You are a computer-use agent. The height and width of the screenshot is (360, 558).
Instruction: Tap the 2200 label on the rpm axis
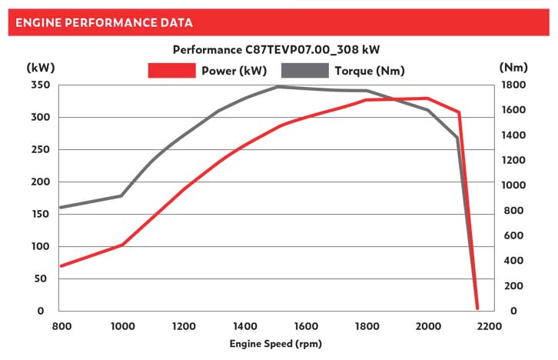tap(489, 326)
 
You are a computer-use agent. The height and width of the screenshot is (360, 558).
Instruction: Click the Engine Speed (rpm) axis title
tap(275, 344)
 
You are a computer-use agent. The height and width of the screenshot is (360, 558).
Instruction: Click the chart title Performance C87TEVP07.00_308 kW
tap(277, 50)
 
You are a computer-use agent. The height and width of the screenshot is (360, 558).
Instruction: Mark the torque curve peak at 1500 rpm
tap(277, 87)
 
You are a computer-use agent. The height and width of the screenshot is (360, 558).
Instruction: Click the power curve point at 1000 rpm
tap(122, 245)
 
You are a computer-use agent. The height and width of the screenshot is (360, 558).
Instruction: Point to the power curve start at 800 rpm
tap(61, 265)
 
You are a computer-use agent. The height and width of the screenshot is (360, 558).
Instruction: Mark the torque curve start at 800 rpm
tap(61, 207)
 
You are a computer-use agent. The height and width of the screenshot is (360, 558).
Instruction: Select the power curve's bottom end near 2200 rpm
tap(477, 308)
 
